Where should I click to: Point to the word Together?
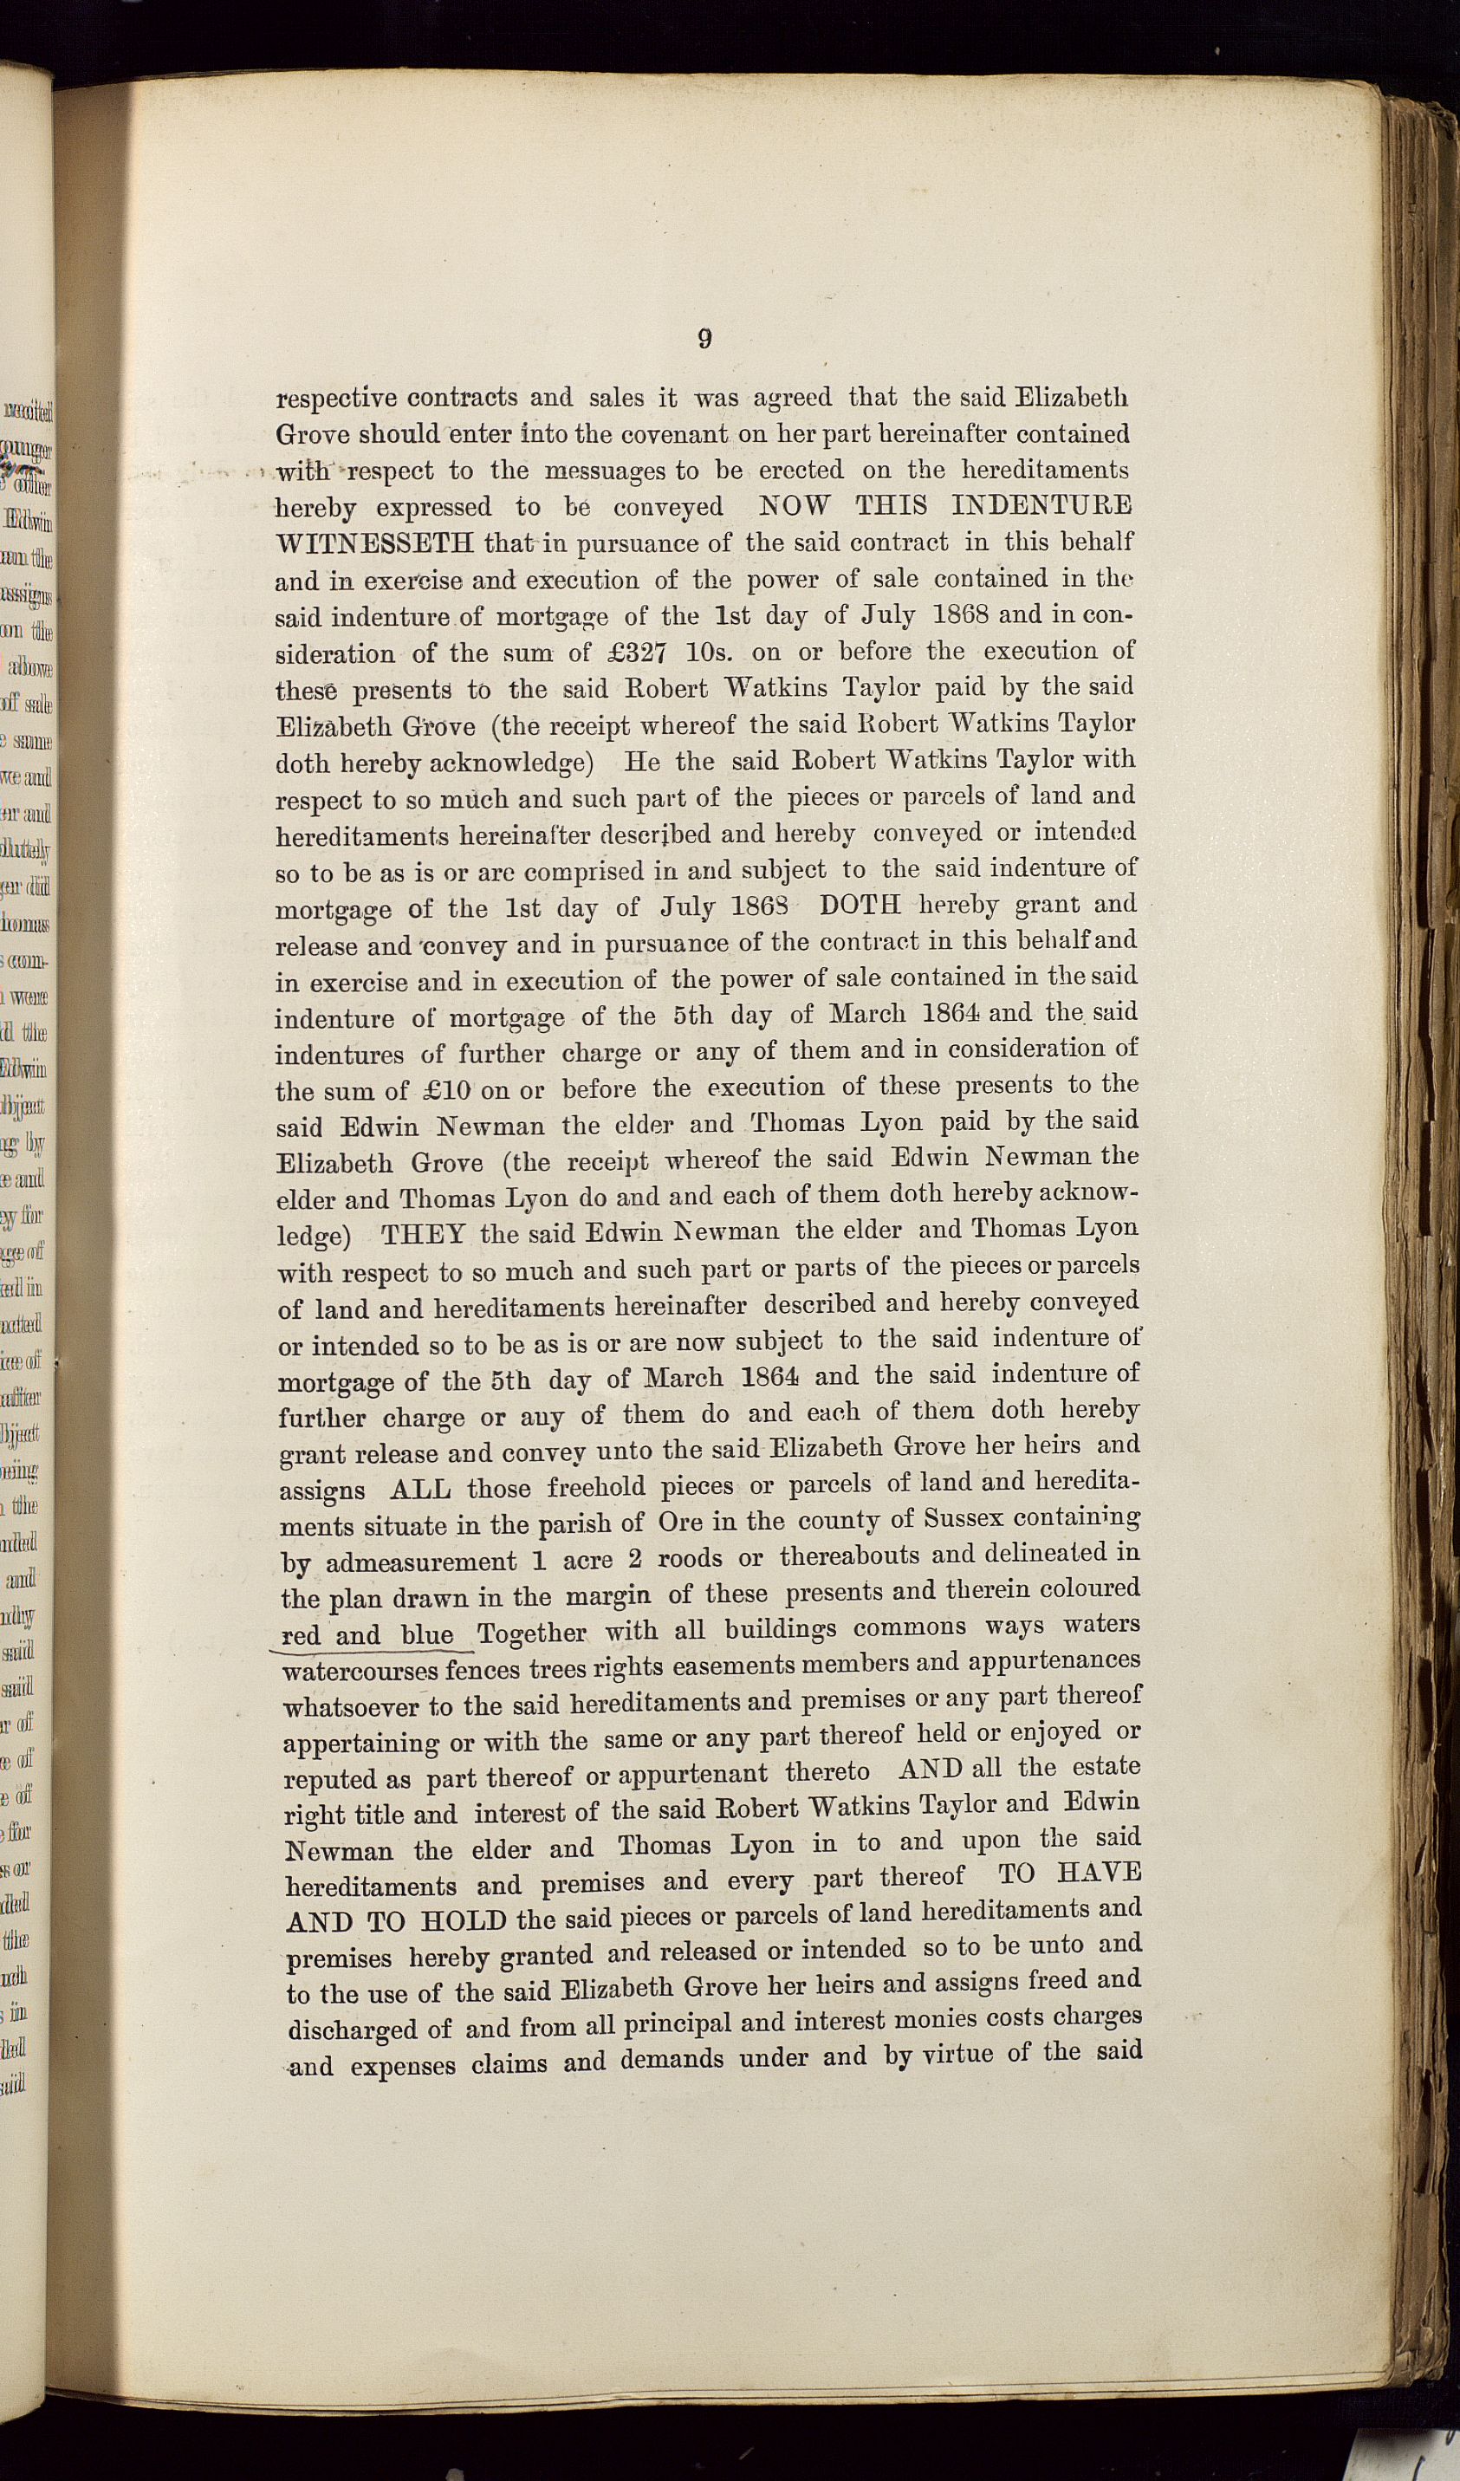click(532, 1634)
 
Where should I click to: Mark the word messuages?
click(605, 471)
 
